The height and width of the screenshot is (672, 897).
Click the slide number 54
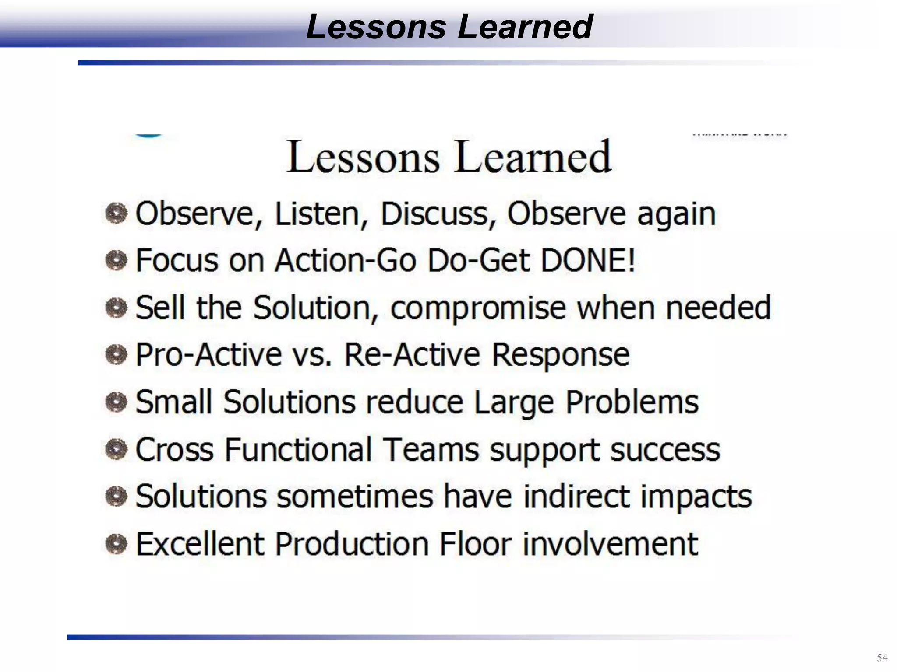[882, 658]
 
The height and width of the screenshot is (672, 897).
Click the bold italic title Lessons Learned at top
[449, 26]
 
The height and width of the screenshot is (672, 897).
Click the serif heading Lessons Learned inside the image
[448, 157]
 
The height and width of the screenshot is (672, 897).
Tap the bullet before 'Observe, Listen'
[117, 214]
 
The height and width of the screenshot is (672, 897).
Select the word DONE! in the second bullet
[588, 260]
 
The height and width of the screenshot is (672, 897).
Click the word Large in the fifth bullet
[514, 403]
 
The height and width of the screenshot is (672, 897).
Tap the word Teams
[431, 449]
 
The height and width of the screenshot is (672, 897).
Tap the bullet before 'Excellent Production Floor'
[117, 544]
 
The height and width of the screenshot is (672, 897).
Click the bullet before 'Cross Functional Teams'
[117, 449]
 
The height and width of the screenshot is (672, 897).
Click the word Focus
[177, 260]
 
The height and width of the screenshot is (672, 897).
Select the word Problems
[632, 402]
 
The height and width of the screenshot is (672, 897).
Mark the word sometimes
[355, 497]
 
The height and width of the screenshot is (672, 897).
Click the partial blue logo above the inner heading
[149, 136]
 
